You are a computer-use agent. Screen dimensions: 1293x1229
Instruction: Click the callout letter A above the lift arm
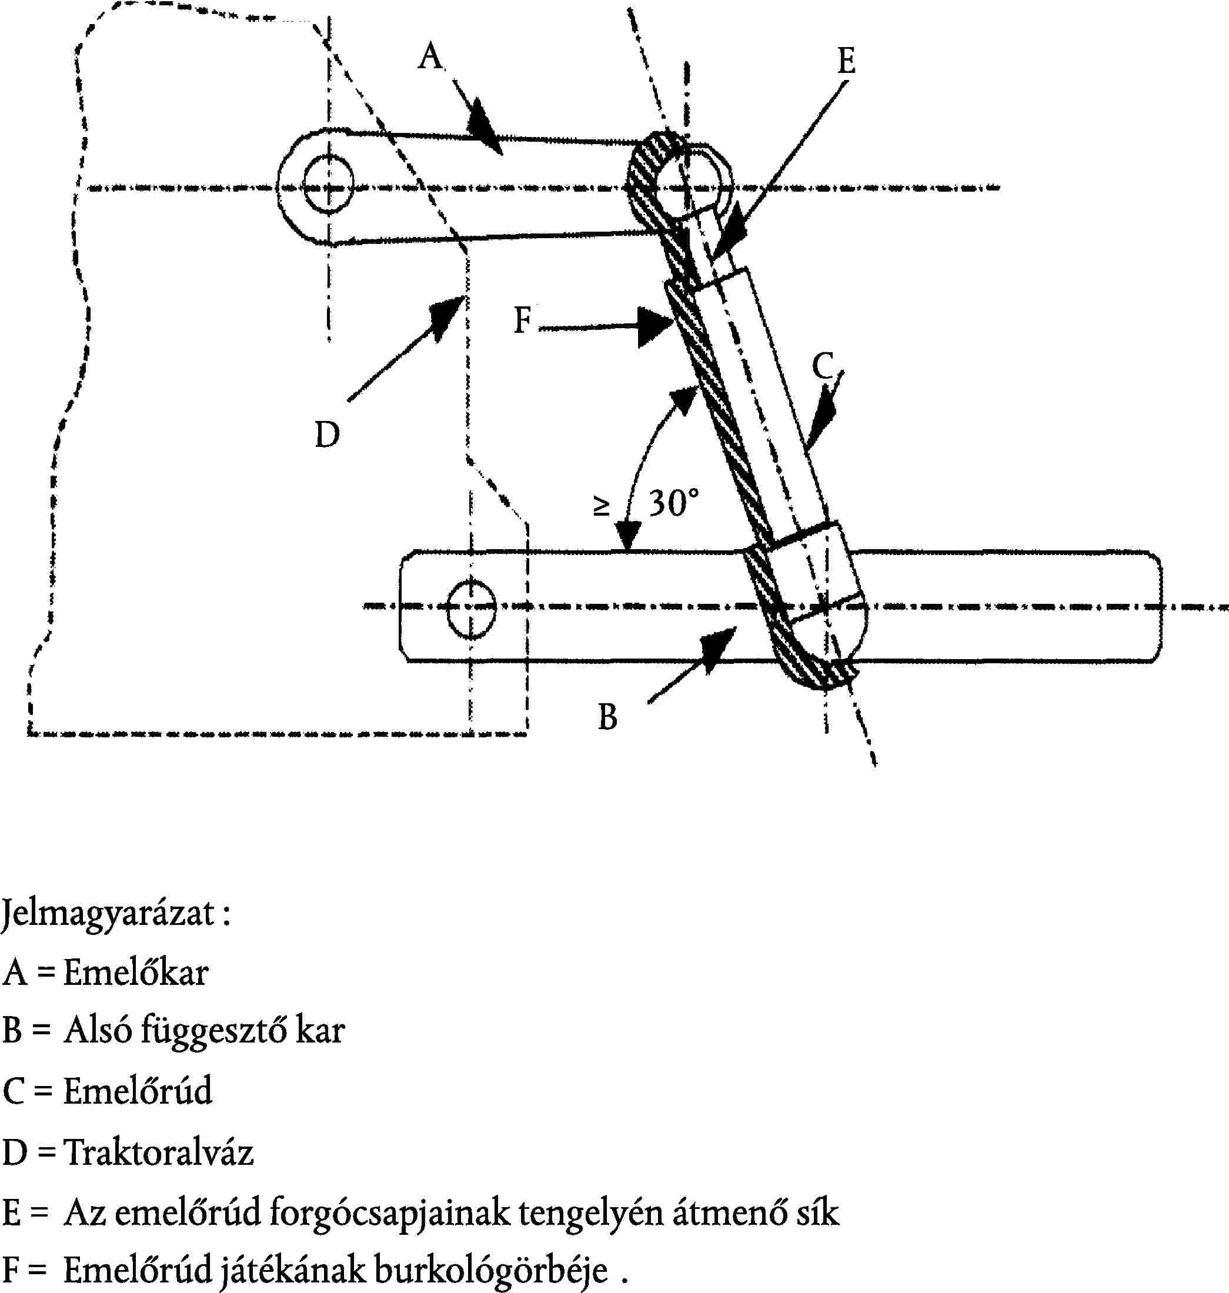click(x=430, y=56)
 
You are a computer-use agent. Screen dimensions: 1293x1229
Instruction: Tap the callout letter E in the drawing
click(x=846, y=62)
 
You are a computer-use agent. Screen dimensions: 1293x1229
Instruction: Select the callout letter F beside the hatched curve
click(x=522, y=321)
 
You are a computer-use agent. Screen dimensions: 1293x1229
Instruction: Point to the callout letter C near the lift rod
click(x=823, y=367)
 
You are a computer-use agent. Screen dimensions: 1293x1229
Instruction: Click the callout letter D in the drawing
click(x=327, y=435)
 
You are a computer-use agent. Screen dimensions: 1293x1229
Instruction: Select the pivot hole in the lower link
click(x=470, y=608)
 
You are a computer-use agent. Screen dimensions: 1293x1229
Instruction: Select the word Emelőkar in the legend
click(x=136, y=973)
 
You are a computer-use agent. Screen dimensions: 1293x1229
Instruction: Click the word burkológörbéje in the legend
click(x=490, y=1271)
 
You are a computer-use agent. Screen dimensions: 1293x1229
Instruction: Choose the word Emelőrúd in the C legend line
click(x=138, y=1092)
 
